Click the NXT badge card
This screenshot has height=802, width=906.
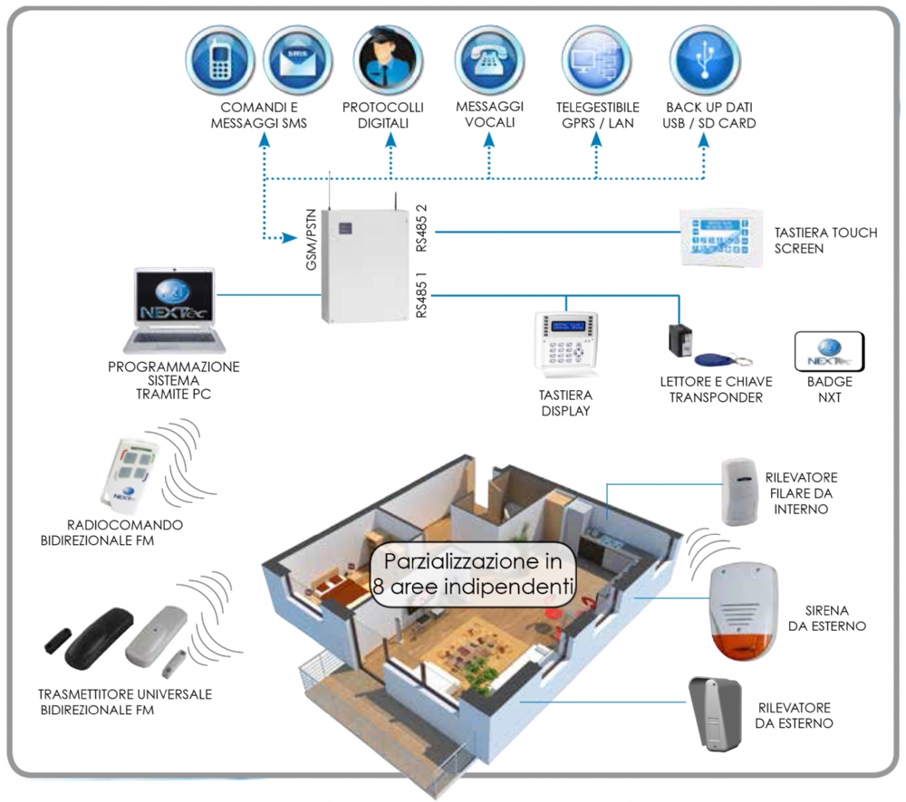pyautogui.click(x=828, y=351)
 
